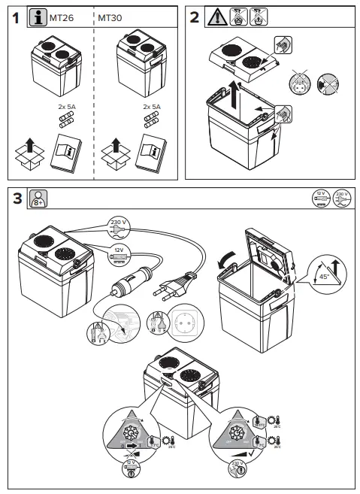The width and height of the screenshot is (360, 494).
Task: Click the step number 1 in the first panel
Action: click(15, 19)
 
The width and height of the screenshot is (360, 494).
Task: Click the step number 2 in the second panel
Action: click(194, 18)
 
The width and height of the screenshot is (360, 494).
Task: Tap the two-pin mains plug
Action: click(173, 289)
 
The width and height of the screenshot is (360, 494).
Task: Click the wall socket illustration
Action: click(183, 326)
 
